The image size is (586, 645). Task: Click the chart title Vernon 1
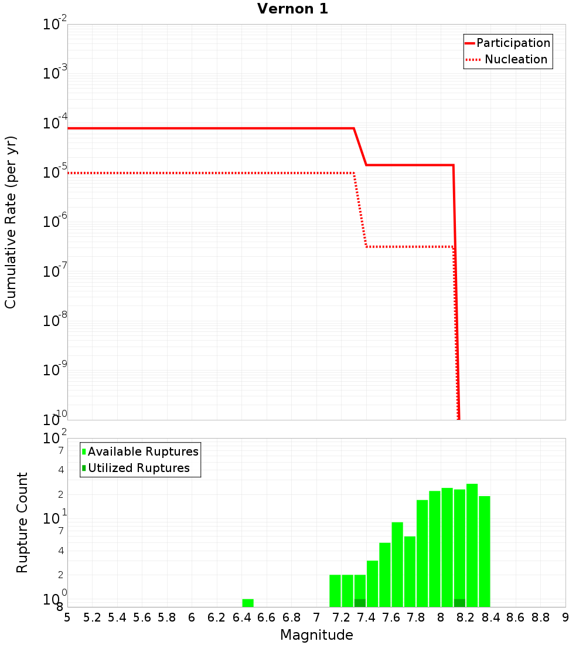coord(292,9)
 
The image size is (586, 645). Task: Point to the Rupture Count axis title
coord(22,522)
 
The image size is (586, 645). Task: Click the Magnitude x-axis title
coord(316,635)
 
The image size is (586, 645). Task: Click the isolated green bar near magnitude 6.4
coord(248,603)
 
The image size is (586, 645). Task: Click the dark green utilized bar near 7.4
coord(360,603)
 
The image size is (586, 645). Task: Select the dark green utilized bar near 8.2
coord(459,603)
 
